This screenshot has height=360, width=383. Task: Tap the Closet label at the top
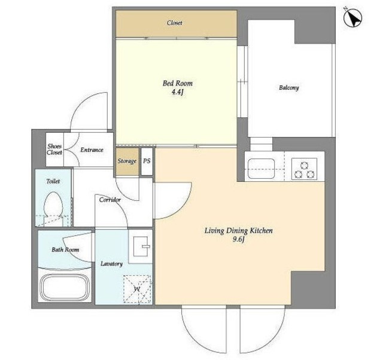(x=174, y=23)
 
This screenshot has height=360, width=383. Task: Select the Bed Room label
(x=178, y=83)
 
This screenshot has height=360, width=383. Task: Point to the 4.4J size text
(x=178, y=93)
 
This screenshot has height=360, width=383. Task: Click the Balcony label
(x=288, y=88)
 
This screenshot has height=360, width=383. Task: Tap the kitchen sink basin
(x=261, y=169)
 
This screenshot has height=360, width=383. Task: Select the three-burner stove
(x=305, y=169)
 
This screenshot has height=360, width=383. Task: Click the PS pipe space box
(x=147, y=161)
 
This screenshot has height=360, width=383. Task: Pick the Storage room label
(x=127, y=161)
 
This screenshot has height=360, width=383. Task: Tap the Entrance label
(x=92, y=150)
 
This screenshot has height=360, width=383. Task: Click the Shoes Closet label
(x=54, y=150)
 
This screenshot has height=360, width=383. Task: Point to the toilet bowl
(x=53, y=205)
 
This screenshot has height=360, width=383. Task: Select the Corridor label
(x=110, y=200)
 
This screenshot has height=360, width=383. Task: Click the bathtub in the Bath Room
(x=65, y=287)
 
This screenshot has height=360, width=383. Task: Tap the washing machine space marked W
(x=137, y=289)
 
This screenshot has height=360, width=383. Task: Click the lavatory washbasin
(x=141, y=246)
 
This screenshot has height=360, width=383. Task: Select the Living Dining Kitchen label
(x=238, y=231)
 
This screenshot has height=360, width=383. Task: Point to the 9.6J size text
(x=238, y=240)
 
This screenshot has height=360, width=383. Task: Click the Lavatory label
(x=112, y=264)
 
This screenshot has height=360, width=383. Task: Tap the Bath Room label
(x=65, y=250)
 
